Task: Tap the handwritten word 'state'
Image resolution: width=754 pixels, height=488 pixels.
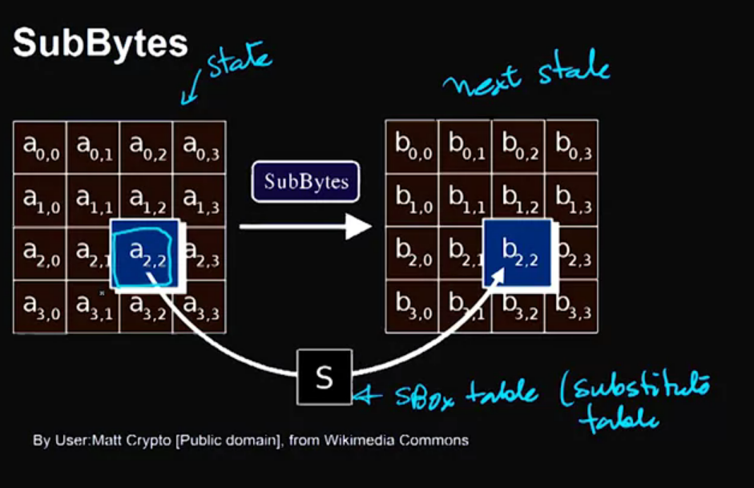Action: (x=238, y=63)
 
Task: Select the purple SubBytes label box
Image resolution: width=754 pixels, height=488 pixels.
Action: (x=306, y=182)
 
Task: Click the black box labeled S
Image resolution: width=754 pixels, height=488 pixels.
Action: (x=324, y=377)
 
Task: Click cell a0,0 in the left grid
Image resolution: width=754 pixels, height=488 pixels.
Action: (x=40, y=147)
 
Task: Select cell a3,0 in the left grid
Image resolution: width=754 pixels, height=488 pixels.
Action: (x=40, y=306)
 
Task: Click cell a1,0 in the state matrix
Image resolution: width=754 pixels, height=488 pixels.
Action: (x=40, y=200)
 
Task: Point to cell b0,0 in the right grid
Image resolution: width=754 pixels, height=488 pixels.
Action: (x=412, y=147)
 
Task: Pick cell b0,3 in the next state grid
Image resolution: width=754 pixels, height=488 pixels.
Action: (x=571, y=147)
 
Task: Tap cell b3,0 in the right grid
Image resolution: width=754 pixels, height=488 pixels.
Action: (x=412, y=306)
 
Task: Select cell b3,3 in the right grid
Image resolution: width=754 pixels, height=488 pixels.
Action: (x=571, y=306)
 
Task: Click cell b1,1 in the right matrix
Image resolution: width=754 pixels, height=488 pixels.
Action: (x=465, y=200)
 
